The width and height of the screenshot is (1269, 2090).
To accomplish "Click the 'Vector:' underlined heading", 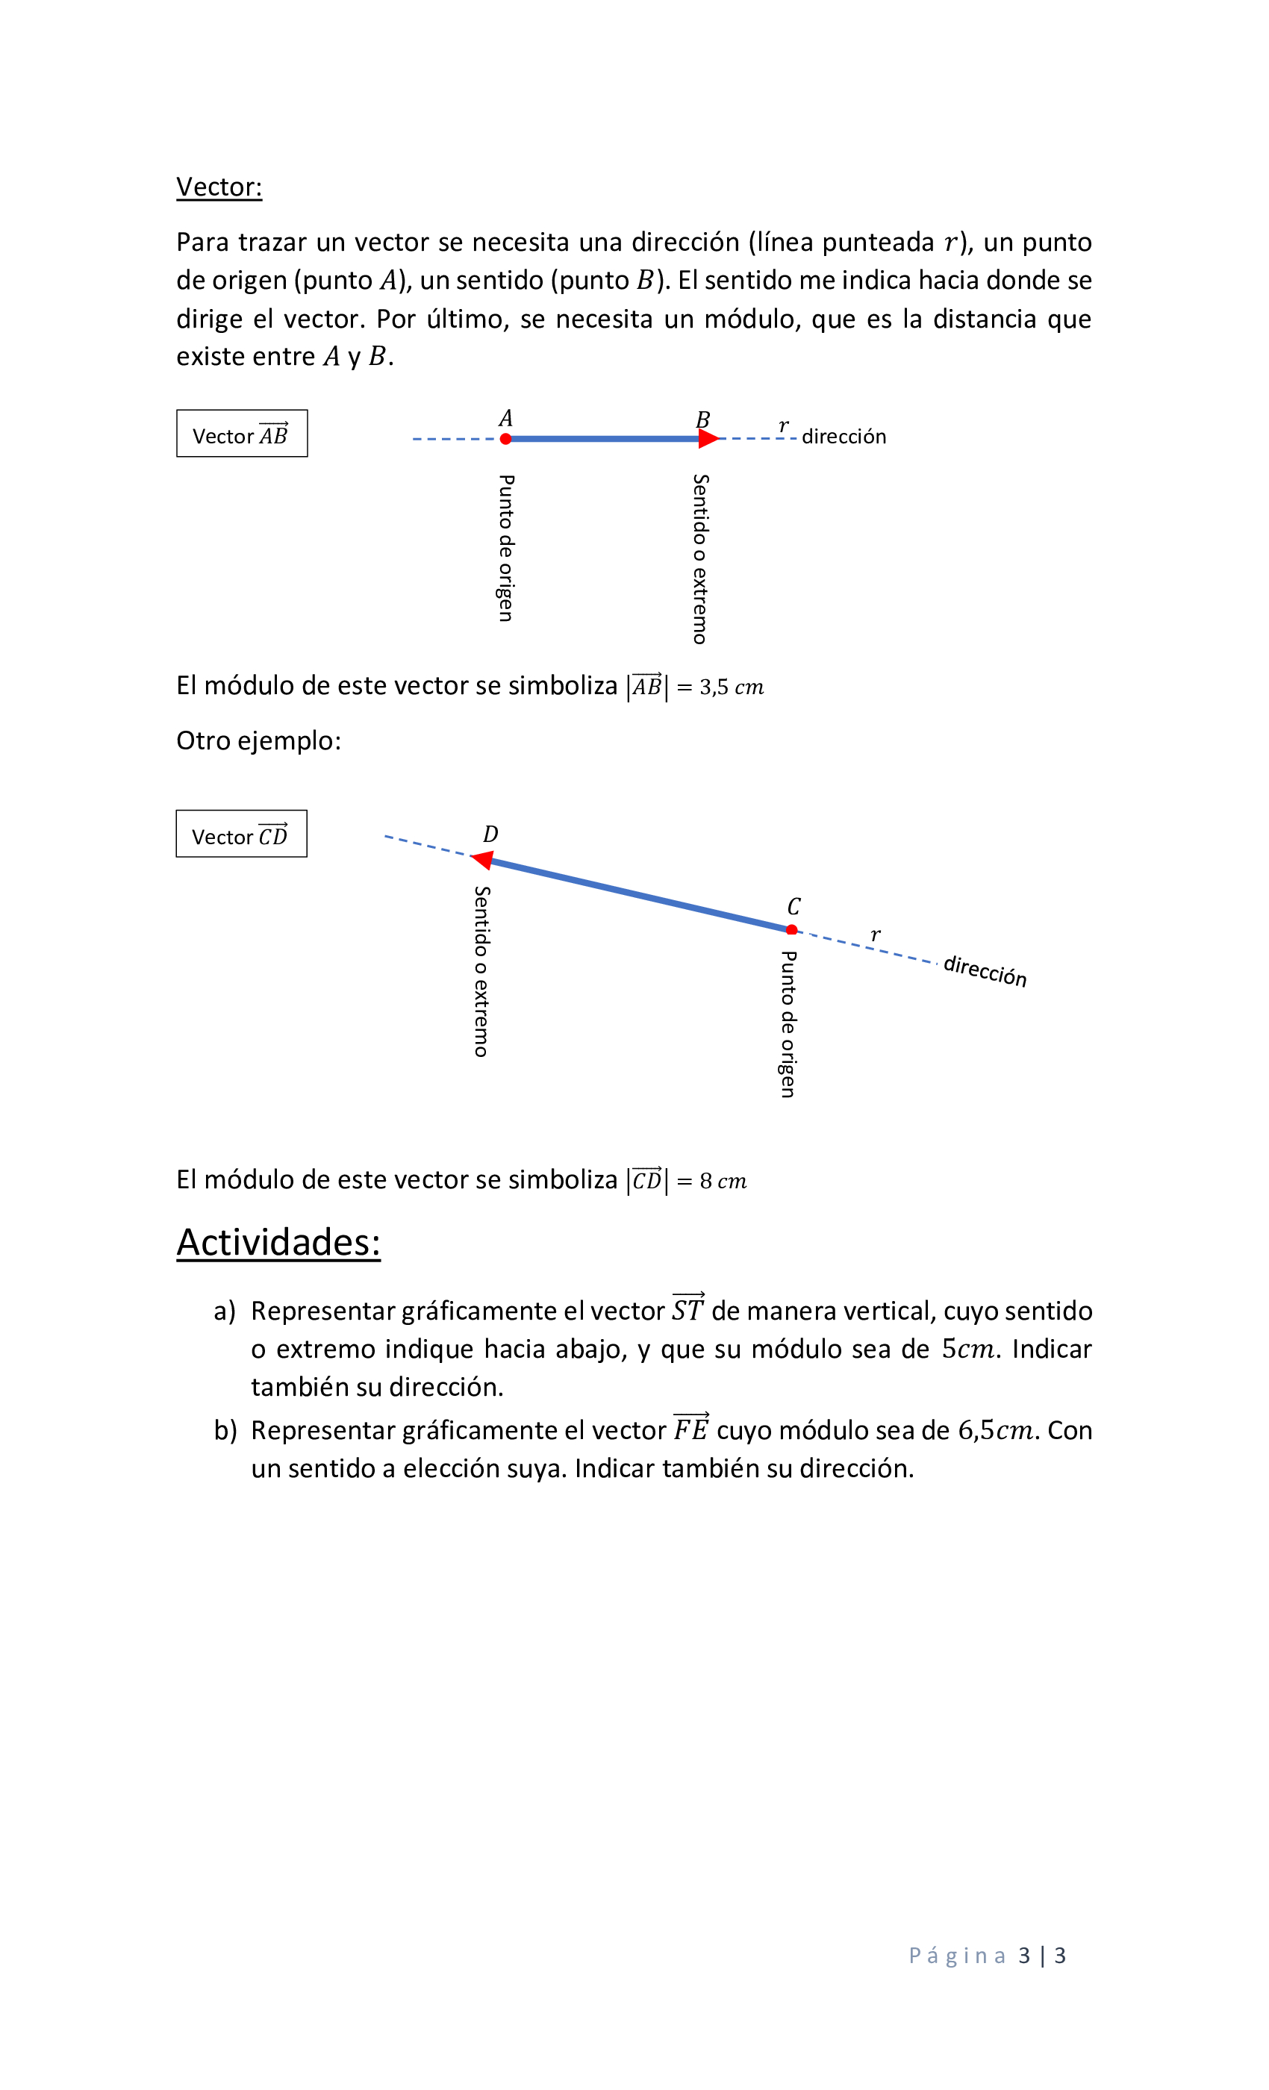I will click(219, 187).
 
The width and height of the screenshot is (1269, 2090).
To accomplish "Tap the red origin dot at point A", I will click(505, 439).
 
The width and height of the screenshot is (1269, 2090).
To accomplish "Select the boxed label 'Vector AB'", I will click(242, 434).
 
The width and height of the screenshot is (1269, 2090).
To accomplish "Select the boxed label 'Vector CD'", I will click(241, 835).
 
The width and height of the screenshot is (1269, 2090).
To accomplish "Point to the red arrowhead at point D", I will click(483, 860).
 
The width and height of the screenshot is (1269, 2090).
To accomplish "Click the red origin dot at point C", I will click(791, 929).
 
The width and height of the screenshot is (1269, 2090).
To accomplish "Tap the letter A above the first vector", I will click(505, 418).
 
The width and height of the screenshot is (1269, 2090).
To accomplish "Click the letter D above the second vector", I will click(490, 835).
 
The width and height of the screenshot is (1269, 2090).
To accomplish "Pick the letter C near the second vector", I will click(793, 907).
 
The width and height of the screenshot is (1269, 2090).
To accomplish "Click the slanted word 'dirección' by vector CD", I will click(985, 970).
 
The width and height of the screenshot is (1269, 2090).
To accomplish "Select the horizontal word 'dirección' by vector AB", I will click(844, 437).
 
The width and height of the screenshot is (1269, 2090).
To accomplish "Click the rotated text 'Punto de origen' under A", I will click(505, 548).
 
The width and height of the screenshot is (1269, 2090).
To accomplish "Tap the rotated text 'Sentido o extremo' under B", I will click(701, 559).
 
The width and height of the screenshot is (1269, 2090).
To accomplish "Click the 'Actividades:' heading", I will click(278, 1243).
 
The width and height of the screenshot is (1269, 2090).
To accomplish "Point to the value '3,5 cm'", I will click(732, 687).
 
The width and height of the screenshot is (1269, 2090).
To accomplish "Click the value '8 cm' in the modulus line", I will click(723, 1181).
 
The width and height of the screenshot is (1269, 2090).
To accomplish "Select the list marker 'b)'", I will click(225, 1431).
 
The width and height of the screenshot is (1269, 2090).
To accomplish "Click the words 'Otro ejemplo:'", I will click(259, 740).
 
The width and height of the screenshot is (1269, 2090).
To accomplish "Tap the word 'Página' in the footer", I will click(957, 1956).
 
